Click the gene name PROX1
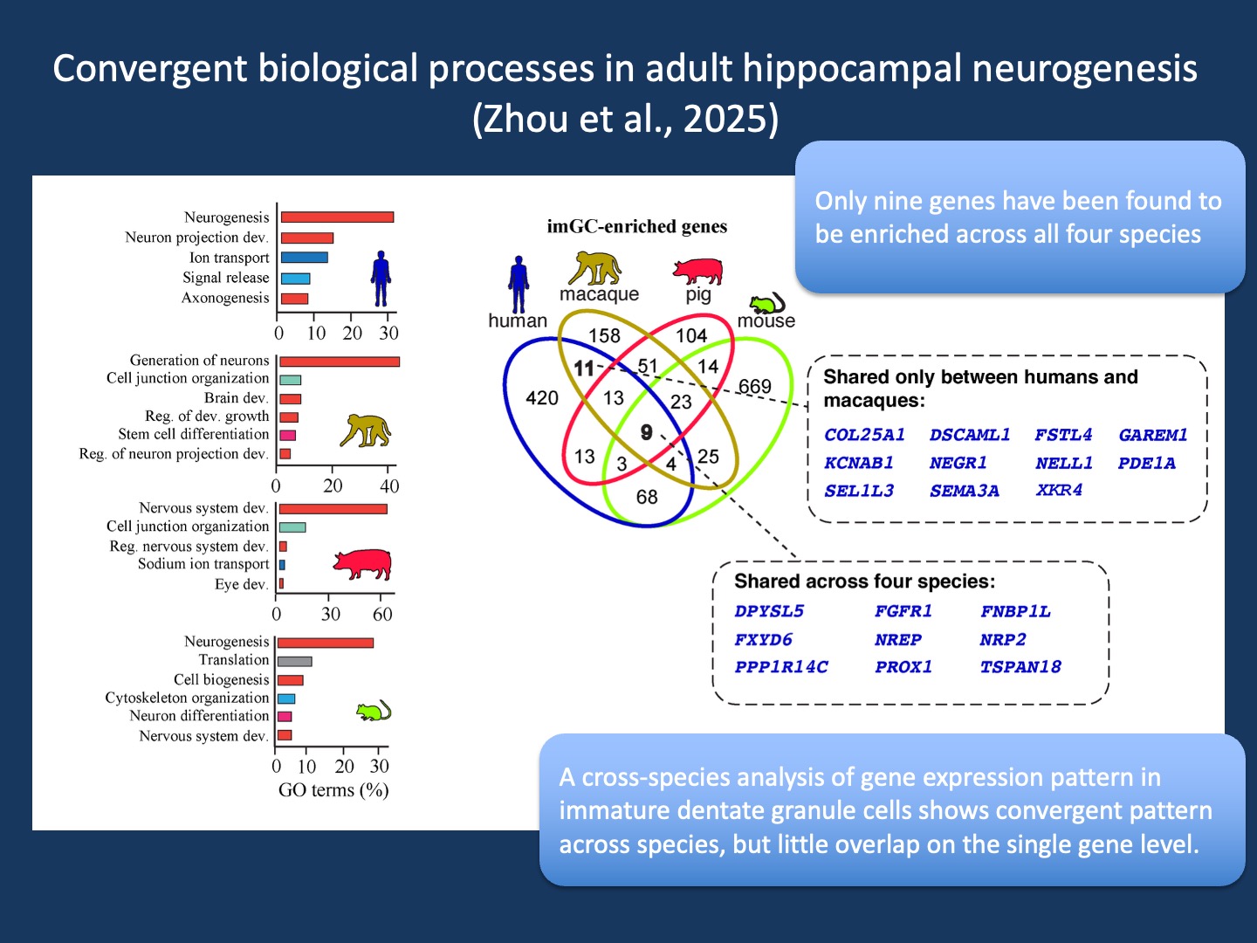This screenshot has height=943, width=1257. coord(903,666)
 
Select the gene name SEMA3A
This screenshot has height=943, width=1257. coord(965,491)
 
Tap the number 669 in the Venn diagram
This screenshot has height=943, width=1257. coord(755,387)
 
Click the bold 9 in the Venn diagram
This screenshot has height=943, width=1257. coord(647,431)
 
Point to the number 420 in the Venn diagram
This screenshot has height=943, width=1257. coord(542,397)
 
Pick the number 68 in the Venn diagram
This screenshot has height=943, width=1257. coord(647,497)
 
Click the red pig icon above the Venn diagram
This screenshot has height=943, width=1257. coord(697,271)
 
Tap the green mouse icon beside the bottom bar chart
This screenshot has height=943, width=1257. coord(374,711)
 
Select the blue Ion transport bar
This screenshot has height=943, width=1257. coord(304,258)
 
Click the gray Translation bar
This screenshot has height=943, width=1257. coord(294,661)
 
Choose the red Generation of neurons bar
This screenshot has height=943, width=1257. coord(339,361)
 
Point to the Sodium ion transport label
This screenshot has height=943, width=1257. coord(203,564)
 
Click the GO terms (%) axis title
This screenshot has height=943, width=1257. coord(333,790)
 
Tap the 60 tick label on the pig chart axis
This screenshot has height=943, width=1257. coord(382,615)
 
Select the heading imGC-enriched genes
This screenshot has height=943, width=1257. coord(637,227)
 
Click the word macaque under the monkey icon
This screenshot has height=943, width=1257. coord(599,293)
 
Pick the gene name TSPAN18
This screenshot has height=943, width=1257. coord(1020,666)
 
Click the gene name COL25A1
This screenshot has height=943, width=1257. coord(864,435)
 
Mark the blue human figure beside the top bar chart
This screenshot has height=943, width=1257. coord(381,279)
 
